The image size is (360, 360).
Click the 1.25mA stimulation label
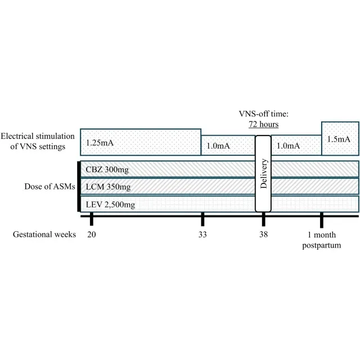coord(100,143)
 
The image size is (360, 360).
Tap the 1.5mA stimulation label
coord(339,139)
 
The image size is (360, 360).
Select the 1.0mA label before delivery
coord(218,146)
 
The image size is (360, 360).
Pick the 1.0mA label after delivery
coord(288,146)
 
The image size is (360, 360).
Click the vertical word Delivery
coord(264,174)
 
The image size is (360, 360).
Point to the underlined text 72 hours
coord(264,124)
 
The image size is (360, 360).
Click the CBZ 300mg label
coord(107,170)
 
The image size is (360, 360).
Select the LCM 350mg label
coord(108,187)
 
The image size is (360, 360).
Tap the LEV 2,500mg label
coord(110,204)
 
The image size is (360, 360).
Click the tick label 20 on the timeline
coord(91,235)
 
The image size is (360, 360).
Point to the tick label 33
coord(202,235)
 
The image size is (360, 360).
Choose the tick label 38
coord(264,235)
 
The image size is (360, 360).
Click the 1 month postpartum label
coord(321,240)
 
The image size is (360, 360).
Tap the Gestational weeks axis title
coord(44,235)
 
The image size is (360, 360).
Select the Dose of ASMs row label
coord(50,186)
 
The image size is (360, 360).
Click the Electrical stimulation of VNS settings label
coord(38,141)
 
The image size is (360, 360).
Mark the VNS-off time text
coord(264,114)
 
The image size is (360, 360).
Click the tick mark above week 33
coord(202,219)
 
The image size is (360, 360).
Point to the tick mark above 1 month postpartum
coord(322,220)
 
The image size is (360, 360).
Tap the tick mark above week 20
coord(91,219)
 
